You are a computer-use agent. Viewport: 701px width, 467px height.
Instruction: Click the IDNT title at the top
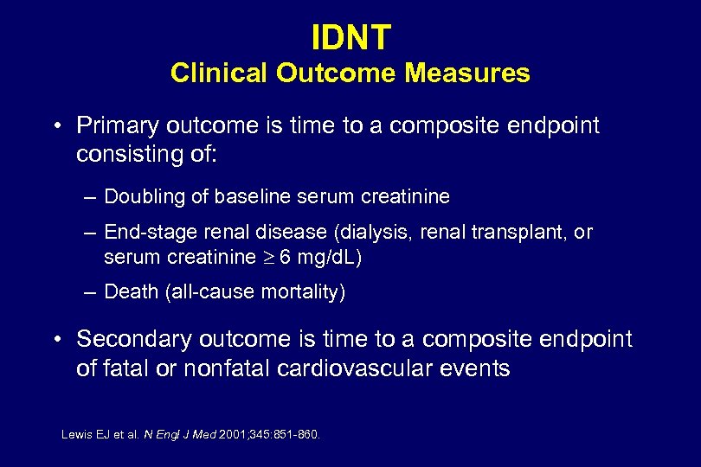pos(350,36)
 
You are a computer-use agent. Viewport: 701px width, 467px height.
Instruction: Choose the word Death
pos(130,293)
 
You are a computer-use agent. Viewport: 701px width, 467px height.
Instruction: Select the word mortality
pos(304,293)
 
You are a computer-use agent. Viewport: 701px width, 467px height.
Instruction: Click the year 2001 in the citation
pos(234,435)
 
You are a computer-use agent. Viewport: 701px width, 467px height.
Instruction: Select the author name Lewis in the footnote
pos(75,435)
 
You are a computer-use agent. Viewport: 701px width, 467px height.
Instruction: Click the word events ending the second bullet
pos(479,368)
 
